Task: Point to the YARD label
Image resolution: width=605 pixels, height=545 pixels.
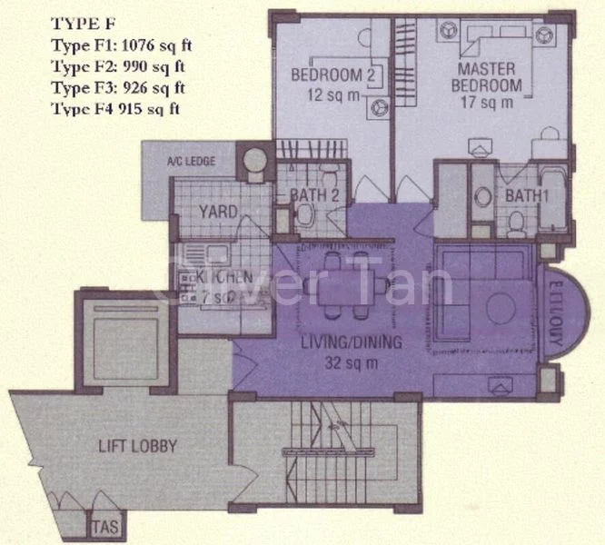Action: (218, 213)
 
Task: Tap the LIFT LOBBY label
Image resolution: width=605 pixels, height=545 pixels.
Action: (136, 446)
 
